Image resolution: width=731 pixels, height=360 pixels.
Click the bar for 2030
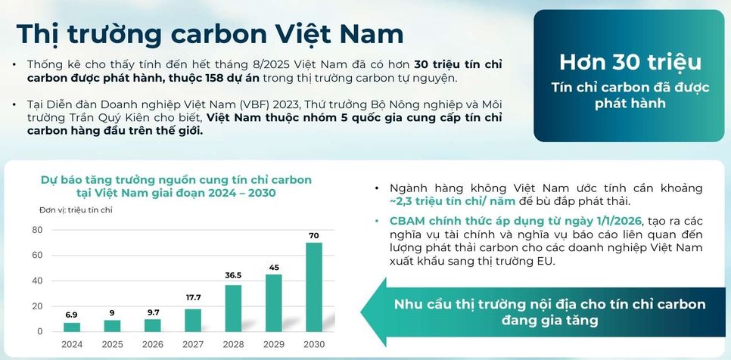pos(314,287)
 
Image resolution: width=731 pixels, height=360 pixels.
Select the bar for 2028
pos(233,308)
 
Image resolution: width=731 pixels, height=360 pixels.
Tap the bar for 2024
pos(72,327)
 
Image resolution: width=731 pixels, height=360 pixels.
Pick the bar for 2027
pos(193,320)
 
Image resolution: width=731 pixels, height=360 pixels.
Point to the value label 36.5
pos(233,275)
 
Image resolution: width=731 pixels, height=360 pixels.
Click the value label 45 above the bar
pos(274,267)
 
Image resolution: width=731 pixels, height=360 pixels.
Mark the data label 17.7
pos(193,298)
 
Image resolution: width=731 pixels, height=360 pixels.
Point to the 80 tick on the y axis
pos(37,230)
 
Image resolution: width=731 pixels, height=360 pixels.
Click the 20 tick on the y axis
pos(37,306)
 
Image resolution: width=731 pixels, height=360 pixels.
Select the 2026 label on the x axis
pos(153,344)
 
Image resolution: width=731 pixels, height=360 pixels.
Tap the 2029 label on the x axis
pos(274,344)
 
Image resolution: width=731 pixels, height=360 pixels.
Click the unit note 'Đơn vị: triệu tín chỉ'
pos(76,209)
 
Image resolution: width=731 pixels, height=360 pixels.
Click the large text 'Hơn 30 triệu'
pos(630,62)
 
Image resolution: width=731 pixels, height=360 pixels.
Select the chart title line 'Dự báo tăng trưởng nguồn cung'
pos(176,180)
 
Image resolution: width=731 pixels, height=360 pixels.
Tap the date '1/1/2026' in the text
pos(611,221)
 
